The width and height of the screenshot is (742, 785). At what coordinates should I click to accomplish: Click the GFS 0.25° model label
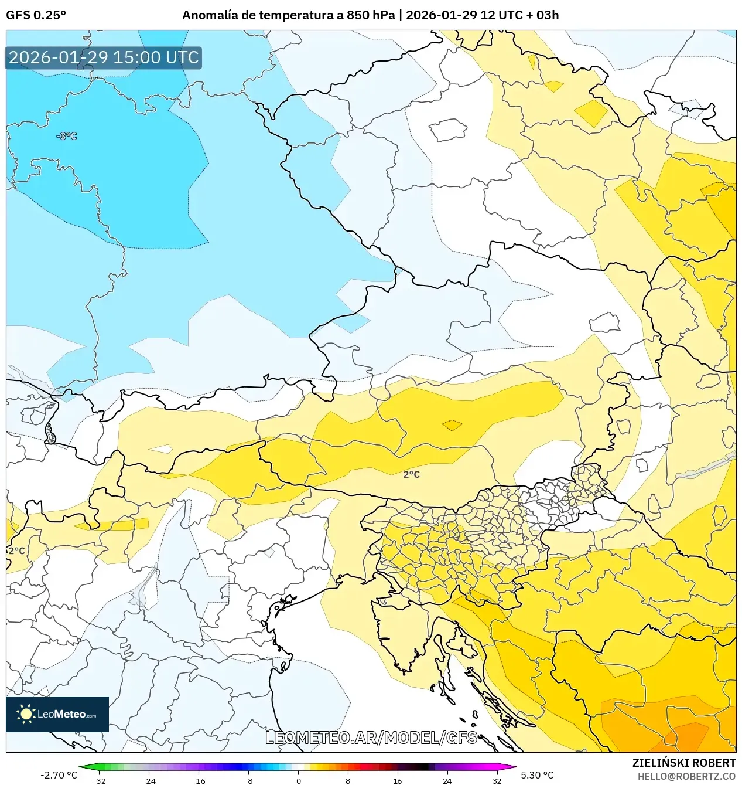[x=36, y=15]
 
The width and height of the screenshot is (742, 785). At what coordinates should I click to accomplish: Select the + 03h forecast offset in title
[x=543, y=15]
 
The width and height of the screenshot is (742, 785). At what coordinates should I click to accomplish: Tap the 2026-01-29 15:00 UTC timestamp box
[x=104, y=57]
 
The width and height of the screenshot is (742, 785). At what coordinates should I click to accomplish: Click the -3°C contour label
[x=67, y=136]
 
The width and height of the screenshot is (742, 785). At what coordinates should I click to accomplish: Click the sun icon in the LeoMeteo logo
[x=26, y=714]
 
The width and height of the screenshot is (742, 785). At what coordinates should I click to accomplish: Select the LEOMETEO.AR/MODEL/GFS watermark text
[x=371, y=738]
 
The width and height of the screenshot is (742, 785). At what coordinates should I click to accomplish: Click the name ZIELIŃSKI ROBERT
[x=683, y=763]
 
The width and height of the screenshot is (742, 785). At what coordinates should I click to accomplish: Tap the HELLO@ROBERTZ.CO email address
[x=686, y=776]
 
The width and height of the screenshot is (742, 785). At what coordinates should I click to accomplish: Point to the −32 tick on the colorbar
[x=99, y=780]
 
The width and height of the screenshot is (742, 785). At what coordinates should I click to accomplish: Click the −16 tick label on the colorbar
[x=199, y=780]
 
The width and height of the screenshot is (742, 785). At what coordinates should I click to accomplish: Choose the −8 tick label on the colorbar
[x=248, y=780]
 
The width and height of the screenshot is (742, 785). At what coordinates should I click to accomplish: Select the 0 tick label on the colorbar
[x=298, y=780]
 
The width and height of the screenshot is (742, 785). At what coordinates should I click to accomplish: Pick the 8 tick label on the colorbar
[x=348, y=780]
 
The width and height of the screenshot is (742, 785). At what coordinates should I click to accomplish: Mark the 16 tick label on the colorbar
[x=398, y=780]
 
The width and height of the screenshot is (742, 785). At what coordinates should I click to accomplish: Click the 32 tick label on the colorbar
[x=497, y=780]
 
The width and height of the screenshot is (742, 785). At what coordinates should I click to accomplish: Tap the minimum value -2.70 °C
[x=59, y=775]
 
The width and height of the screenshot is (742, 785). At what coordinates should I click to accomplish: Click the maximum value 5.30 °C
[x=537, y=775]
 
